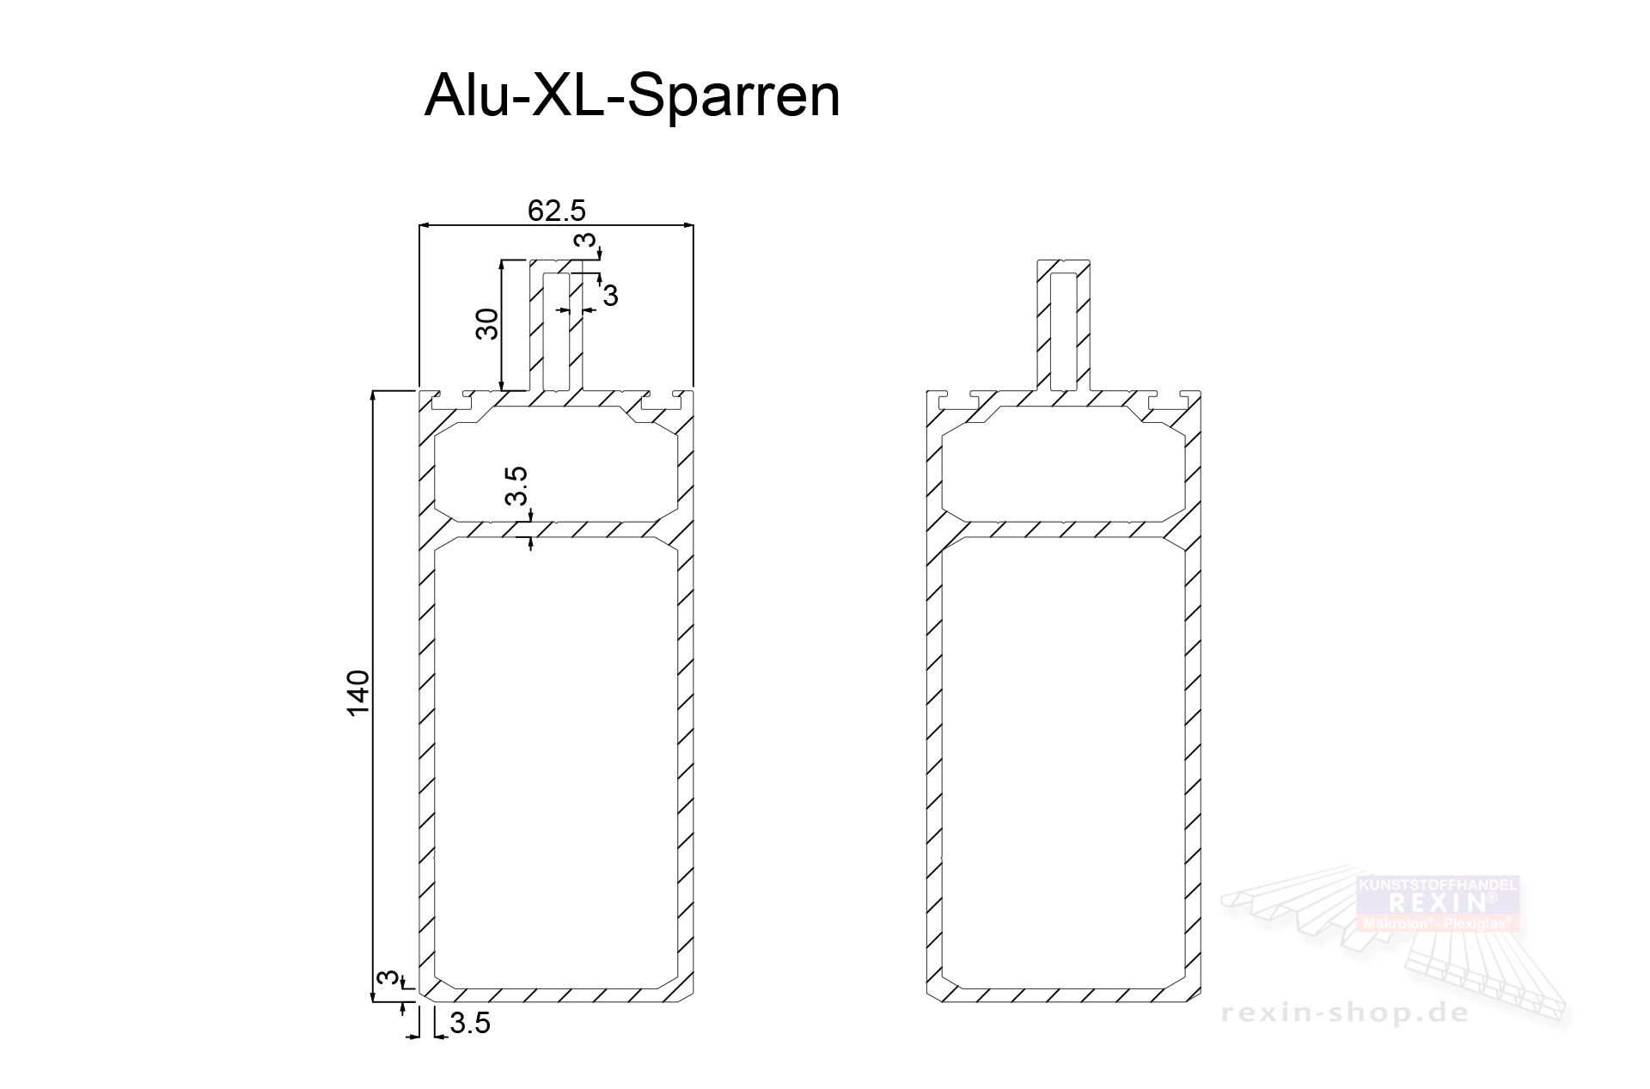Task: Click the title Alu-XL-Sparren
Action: (632, 95)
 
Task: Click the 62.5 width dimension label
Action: (556, 211)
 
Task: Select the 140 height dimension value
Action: (357, 693)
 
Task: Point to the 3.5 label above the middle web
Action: (516, 486)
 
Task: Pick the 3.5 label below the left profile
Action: (470, 1023)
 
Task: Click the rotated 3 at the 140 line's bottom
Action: (389, 978)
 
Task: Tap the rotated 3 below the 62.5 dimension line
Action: (586, 243)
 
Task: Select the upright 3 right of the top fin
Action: (610, 297)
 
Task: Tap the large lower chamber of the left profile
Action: (554, 756)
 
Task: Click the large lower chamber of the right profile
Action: (1063, 756)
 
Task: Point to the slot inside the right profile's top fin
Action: (1064, 330)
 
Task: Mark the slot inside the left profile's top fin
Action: (555, 330)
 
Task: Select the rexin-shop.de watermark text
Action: (1345, 1014)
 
